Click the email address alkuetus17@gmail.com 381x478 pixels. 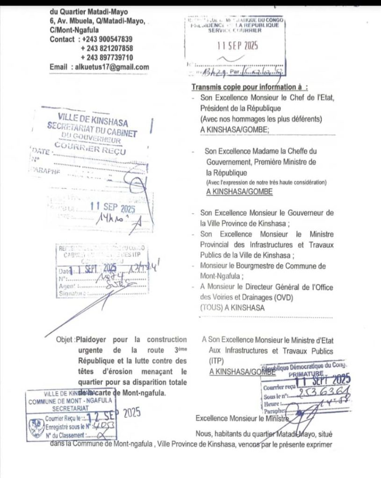click(x=112, y=67)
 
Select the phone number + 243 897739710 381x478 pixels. click(x=107, y=57)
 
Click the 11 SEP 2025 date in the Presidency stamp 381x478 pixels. click(x=238, y=46)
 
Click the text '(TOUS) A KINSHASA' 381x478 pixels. click(x=232, y=308)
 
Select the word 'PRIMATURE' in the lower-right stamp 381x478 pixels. click(x=307, y=374)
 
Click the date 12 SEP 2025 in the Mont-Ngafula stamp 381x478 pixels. click(x=114, y=414)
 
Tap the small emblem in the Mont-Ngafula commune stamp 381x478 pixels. click(x=36, y=426)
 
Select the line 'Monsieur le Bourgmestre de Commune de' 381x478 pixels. click(x=267, y=266)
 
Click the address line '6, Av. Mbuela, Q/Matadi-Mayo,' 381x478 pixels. click(x=97, y=21)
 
